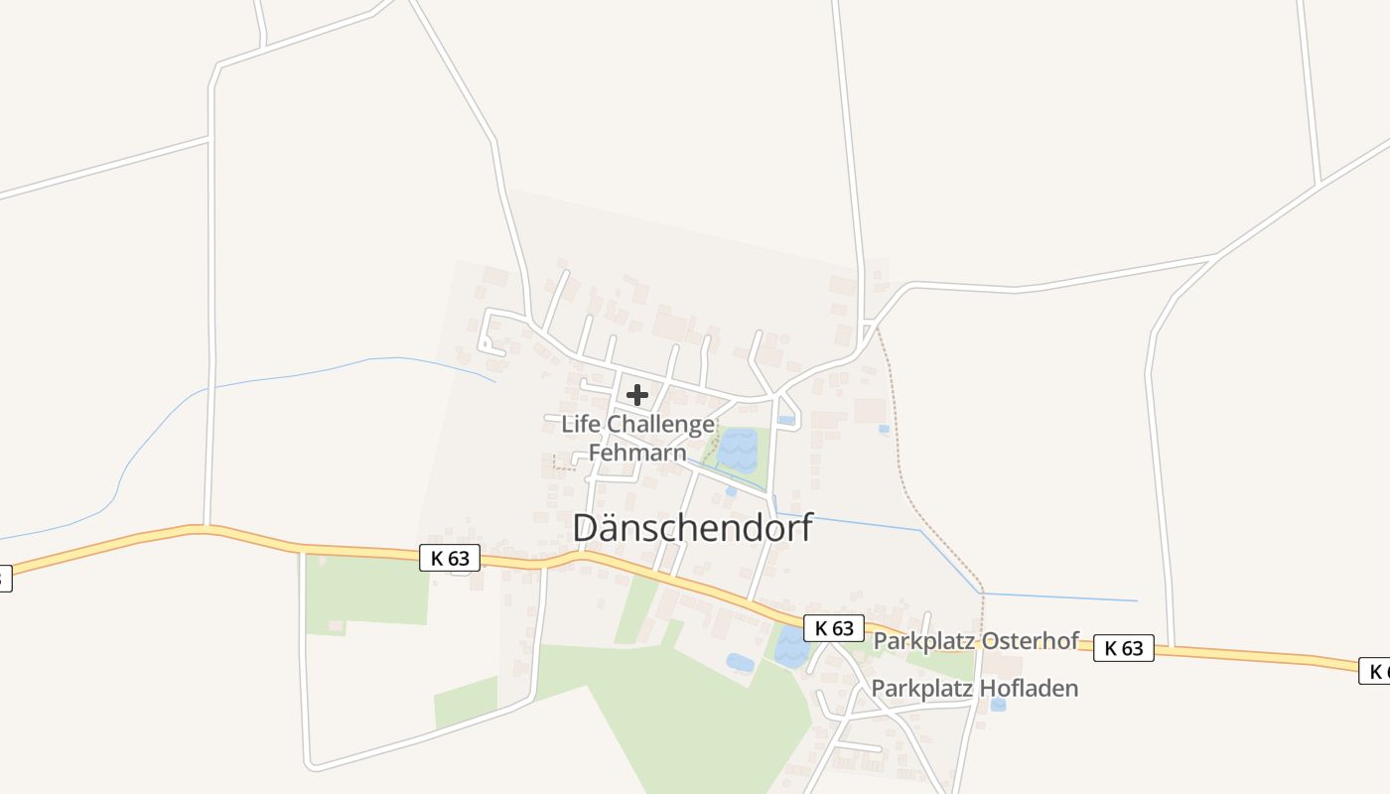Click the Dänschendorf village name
click(692, 527)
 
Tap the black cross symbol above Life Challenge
click(637, 395)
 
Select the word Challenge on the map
click(660, 425)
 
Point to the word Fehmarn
click(637, 454)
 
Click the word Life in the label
click(581, 425)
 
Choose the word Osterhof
click(1029, 641)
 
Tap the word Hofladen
click(1029, 688)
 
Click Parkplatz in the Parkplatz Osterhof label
click(922, 641)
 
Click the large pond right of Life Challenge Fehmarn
click(738, 450)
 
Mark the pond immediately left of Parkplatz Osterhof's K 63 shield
click(791, 646)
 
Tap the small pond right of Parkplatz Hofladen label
click(998, 705)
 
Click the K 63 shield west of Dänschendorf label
click(450, 559)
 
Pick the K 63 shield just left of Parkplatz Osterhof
click(834, 628)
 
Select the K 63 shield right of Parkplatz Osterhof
click(1124, 649)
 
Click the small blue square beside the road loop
click(786, 421)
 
